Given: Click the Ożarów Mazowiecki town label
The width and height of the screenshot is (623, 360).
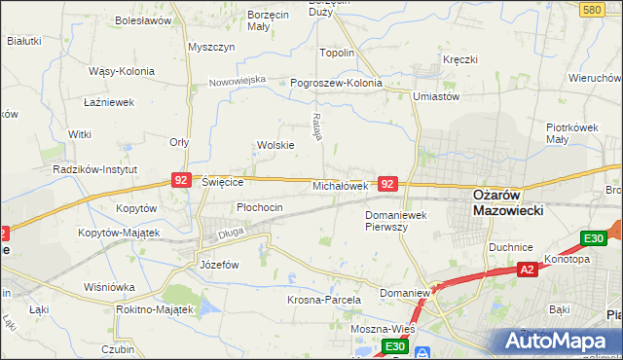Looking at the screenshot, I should [x=506, y=201].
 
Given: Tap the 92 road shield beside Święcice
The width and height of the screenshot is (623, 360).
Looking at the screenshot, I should [x=180, y=180].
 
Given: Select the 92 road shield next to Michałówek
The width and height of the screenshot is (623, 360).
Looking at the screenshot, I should [x=387, y=183].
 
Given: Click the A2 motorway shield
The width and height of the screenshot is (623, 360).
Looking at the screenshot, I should [x=527, y=270].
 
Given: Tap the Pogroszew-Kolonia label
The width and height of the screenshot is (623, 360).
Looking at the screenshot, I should [x=337, y=84].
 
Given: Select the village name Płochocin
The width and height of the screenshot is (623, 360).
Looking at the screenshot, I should [x=260, y=207].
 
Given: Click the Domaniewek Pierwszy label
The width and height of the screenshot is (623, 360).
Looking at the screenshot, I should [x=399, y=220].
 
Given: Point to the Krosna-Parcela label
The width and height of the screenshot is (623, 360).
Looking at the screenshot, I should [x=324, y=301].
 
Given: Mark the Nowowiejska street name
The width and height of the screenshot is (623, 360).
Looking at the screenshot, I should [x=237, y=81].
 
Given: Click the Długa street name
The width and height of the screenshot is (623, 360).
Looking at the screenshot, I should [x=231, y=233].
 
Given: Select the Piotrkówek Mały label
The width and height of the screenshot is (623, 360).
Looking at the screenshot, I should [x=570, y=133].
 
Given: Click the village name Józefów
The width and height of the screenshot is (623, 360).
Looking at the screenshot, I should [x=219, y=264].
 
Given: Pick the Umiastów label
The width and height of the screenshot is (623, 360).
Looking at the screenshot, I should [x=435, y=96].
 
